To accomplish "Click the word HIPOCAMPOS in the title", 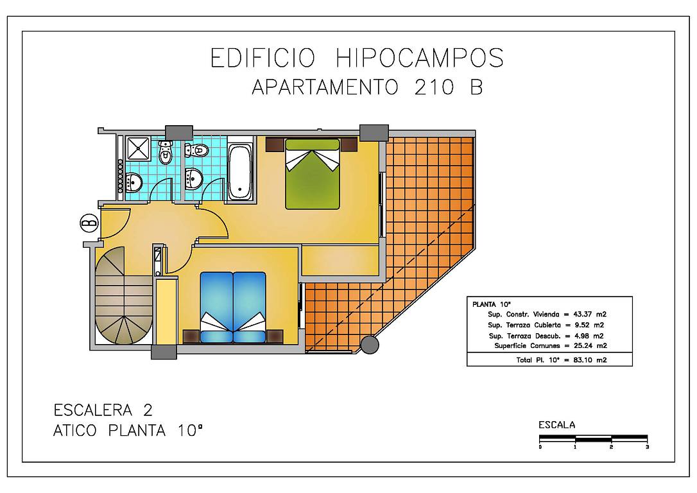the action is click(x=420, y=58).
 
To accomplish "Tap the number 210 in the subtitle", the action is click(x=434, y=87).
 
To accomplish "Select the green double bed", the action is click(x=313, y=174).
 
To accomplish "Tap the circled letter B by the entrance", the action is click(x=89, y=223).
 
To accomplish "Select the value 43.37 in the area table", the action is click(x=582, y=315).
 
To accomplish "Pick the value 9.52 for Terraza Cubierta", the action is click(x=582, y=325).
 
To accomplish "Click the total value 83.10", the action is click(x=582, y=360).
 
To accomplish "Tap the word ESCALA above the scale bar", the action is click(x=556, y=425).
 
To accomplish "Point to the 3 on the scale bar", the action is click(x=647, y=447).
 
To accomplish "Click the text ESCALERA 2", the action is click(x=103, y=410).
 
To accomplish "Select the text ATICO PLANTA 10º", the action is click(x=128, y=430).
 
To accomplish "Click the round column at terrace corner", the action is click(x=370, y=345).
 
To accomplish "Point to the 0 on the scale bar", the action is click(x=540, y=447).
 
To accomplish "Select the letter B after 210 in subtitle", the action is click(x=476, y=87).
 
